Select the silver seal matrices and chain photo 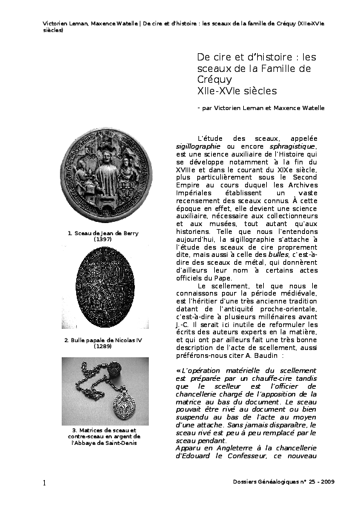[105, 392]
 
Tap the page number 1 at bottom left [45, 482]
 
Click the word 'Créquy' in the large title [214, 80]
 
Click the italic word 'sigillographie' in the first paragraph [198, 146]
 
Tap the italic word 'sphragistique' [293, 146]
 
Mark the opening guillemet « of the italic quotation [178, 370]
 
